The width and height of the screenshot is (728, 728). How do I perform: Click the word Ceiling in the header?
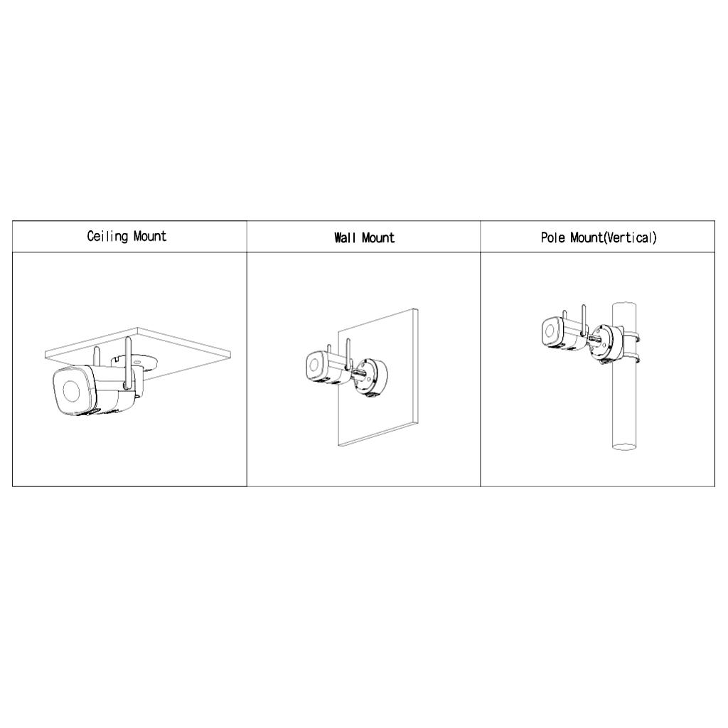coord(107,236)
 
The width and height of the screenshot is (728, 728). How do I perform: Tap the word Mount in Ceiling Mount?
coord(150,236)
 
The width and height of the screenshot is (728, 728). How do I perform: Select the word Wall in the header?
coord(345,237)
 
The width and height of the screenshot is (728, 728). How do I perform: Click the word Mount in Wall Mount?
coord(378,237)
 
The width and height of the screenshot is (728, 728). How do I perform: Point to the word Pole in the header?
coord(553,237)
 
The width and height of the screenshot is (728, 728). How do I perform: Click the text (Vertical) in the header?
coord(630,237)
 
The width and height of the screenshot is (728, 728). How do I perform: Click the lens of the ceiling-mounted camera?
coord(71,391)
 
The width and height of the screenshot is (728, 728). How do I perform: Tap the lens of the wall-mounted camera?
coord(314,365)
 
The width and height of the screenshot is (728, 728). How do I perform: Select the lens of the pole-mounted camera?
coord(550,331)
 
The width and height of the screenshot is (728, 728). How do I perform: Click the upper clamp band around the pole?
coord(629,336)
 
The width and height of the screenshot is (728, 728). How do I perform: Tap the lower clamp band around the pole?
coord(629,358)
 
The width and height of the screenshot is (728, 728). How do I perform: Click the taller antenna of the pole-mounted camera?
coord(584,320)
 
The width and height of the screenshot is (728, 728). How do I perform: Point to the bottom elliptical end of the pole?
coord(624,446)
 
